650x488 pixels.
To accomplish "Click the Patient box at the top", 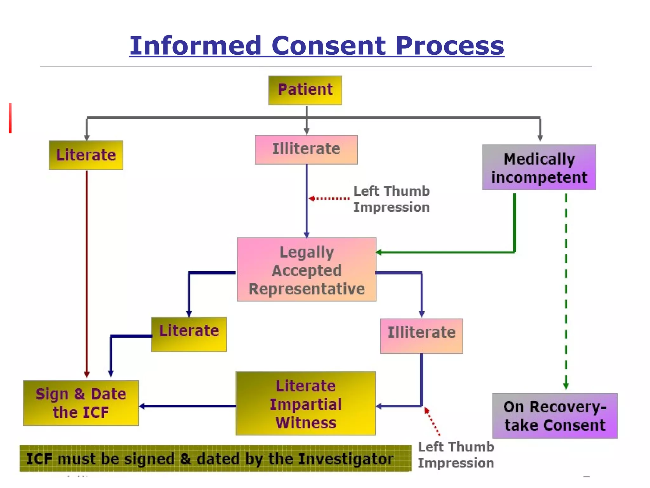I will tap(305, 90).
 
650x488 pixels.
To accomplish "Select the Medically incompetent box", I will tap(539, 167).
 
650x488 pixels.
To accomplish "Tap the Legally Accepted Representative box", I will tap(307, 269).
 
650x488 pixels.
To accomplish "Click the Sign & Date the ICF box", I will tap(81, 403).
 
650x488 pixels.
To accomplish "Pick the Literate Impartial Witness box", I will tap(306, 403).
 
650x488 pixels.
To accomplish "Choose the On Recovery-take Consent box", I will tap(555, 416).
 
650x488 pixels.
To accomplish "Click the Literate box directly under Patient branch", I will tap(86, 155).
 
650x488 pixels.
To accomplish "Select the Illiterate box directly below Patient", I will tap(306, 149).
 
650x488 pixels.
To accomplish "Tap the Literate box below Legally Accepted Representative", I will tap(189, 334).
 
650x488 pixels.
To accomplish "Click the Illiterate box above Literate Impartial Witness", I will tap(421, 336).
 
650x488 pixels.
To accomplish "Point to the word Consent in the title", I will tap(328, 46).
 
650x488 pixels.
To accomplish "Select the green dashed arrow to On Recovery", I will tap(566, 286).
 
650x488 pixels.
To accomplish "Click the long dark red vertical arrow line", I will tap(87, 270).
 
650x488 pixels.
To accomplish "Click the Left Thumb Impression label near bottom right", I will tap(456, 455).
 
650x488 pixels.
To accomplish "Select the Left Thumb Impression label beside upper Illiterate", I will tap(391, 199).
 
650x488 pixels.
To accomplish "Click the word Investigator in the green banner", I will tap(346, 459).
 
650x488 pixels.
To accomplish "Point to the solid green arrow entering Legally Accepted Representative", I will tap(444, 252).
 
